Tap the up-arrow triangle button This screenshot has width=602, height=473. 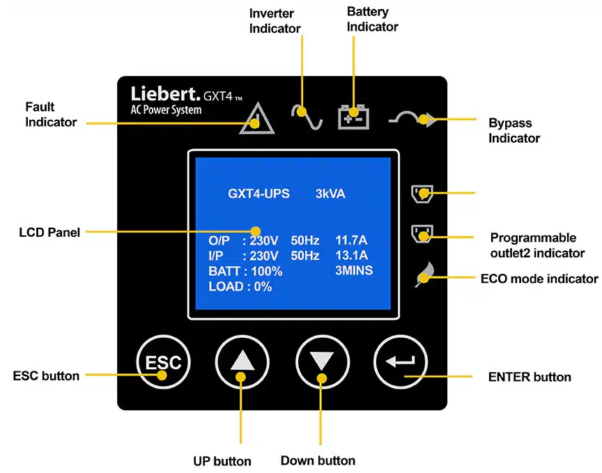(x=242, y=362)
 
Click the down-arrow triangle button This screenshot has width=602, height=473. (x=322, y=362)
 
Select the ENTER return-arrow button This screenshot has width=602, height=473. (x=402, y=362)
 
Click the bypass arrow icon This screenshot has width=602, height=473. (x=413, y=119)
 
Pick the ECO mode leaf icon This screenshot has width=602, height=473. (x=423, y=275)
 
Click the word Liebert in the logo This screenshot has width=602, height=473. (x=164, y=94)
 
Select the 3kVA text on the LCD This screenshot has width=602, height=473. (x=330, y=194)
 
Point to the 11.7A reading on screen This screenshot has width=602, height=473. (x=351, y=240)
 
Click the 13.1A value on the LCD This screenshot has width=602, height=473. (x=351, y=256)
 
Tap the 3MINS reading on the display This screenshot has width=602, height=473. (x=353, y=270)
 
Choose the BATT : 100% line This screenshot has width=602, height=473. (x=245, y=271)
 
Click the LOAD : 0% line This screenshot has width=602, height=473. (x=240, y=286)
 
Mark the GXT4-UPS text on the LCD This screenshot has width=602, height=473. (x=258, y=194)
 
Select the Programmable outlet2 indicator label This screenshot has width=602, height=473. (x=537, y=245)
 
